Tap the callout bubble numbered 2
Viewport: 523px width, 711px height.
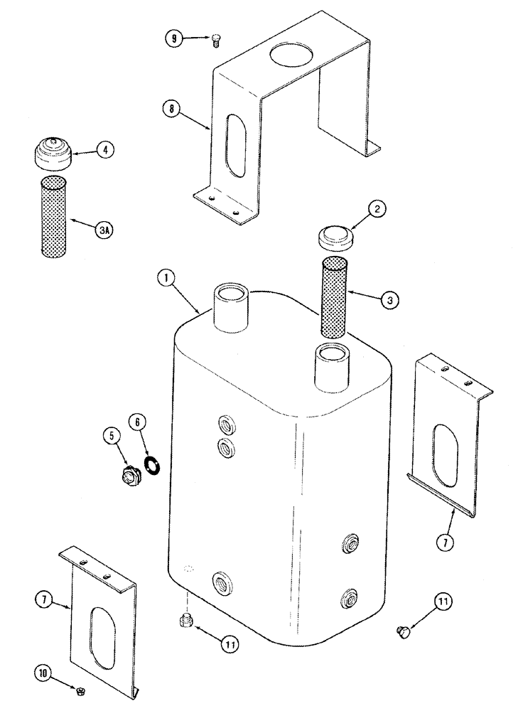378,209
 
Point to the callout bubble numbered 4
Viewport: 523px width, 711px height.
104,150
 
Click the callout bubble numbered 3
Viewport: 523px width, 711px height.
388,300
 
